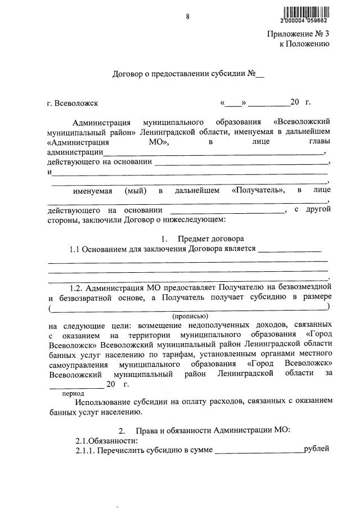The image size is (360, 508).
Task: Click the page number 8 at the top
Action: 188,16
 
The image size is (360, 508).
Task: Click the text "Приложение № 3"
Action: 298,34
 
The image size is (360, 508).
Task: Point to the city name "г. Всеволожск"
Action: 73,103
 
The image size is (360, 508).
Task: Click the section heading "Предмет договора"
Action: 211,239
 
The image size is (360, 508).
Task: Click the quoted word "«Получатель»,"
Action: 258,190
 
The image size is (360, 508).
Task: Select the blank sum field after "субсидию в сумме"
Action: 259,451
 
